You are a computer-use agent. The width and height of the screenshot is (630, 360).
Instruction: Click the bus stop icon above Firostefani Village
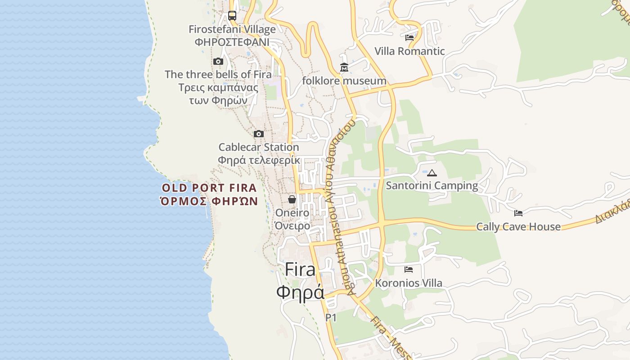(x=232, y=16)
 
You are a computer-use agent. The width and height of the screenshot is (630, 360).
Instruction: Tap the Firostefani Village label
(x=232, y=30)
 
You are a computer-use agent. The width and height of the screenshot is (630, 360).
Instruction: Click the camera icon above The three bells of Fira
(x=218, y=61)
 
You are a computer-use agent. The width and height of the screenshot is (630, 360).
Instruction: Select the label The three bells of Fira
(x=218, y=74)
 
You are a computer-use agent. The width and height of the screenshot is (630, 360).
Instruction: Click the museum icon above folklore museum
(x=344, y=67)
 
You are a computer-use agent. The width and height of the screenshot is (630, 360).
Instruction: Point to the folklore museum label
(x=344, y=81)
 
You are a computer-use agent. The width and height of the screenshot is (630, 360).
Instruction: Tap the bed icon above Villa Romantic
(x=409, y=38)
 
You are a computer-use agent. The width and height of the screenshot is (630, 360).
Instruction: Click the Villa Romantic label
(x=409, y=51)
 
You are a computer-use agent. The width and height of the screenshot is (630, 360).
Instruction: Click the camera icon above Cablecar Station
(x=259, y=134)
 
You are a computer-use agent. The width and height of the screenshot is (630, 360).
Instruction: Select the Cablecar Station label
(x=259, y=147)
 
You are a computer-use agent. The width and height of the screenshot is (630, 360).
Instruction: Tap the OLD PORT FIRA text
(x=209, y=188)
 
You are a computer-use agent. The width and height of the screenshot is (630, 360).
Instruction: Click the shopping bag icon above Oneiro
(x=292, y=199)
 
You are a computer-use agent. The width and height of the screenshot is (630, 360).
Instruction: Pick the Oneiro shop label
(x=292, y=213)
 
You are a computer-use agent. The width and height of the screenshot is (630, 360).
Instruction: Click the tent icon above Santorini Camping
(x=432, y=172)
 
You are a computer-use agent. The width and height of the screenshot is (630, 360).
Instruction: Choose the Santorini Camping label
(x=432, y=185)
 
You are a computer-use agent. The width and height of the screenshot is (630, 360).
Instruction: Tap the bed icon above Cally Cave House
(x=518, y=213)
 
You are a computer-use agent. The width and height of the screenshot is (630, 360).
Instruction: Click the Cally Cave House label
(x=518, y=226)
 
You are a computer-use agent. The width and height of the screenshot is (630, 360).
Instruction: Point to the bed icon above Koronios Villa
(x=409, y=270)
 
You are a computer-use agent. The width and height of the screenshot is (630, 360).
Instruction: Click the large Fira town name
(x=300, y=270)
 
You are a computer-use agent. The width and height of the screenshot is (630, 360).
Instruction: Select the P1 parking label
(x=331, y=318)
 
